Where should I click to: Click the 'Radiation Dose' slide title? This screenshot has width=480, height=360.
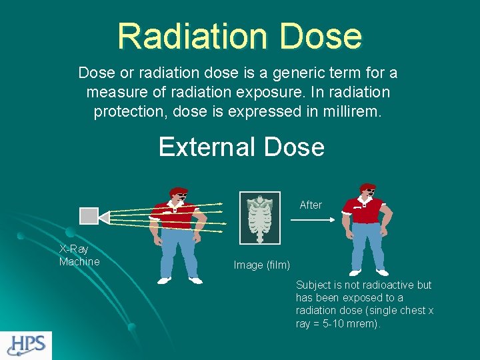click(240, 36)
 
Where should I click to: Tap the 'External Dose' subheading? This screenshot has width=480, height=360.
click(241, 147)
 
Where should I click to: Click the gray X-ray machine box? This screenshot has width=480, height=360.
click(89, 216)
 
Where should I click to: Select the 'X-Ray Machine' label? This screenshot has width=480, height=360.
click(79, 255)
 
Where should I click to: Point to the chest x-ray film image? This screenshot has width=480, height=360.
click(260, 219)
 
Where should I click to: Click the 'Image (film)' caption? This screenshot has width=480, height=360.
click(261, 265)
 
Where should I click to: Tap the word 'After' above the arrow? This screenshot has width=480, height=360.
click(311, 205)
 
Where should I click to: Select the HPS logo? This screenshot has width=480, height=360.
click(26, 345)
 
